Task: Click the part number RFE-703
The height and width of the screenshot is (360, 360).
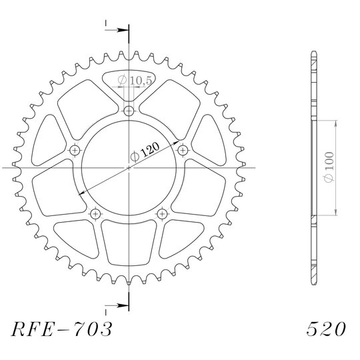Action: pos(61,329)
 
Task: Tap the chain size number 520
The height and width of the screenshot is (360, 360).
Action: pos(326,329)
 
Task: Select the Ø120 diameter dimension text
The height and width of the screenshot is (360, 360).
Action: pos(145,152)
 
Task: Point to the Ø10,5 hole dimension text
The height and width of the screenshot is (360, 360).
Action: pos(135,80)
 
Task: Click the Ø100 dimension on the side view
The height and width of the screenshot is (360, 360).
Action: pos(329,167)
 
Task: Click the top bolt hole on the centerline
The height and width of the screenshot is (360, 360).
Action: pos(129,111)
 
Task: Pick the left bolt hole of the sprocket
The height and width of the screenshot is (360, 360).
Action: pos(75,151)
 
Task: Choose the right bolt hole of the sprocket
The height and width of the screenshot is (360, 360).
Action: pos(183,151)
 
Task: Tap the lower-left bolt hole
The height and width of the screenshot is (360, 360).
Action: pos(95,214)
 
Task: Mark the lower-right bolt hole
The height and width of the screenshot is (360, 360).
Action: pos(162,214)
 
